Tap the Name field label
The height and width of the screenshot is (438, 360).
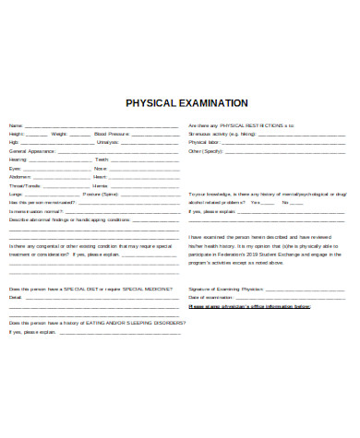point(15,125)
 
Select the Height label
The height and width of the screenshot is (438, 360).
point(16,134)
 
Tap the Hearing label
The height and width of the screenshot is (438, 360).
point(18,160)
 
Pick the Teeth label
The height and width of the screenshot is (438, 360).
point(102,160)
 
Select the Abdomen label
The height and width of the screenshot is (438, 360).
point(19,177)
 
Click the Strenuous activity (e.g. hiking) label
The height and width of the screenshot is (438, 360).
point(221,134)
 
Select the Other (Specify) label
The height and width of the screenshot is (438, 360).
point(208,151)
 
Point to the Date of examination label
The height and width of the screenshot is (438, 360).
point(211,298)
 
